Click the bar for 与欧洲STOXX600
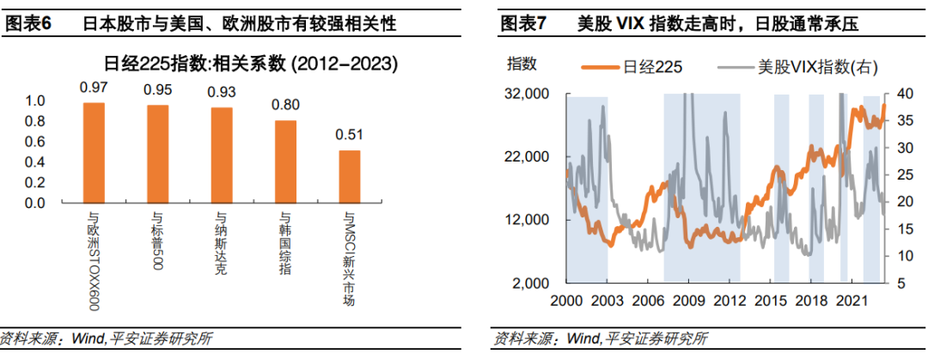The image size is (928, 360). click(94, 153)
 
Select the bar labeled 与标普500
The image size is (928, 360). click(158, 154)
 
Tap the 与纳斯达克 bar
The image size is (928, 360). click(222, 156)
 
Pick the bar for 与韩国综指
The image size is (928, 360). click(286, 162)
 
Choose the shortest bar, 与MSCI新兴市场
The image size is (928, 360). click(350, 176)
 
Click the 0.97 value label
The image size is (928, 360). click(94, 88)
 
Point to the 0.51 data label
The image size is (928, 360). click(350, 136)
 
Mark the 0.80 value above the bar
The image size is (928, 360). click(286, 106)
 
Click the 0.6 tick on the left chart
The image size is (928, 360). click(36, 142)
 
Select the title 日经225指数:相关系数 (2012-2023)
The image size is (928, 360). click(252, 64)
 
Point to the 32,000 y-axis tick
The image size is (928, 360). click(528, 95)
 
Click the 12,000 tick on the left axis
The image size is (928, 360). click(528, 220)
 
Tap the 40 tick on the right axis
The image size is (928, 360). click(899, 95)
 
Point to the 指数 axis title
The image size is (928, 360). click(522, 64)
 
